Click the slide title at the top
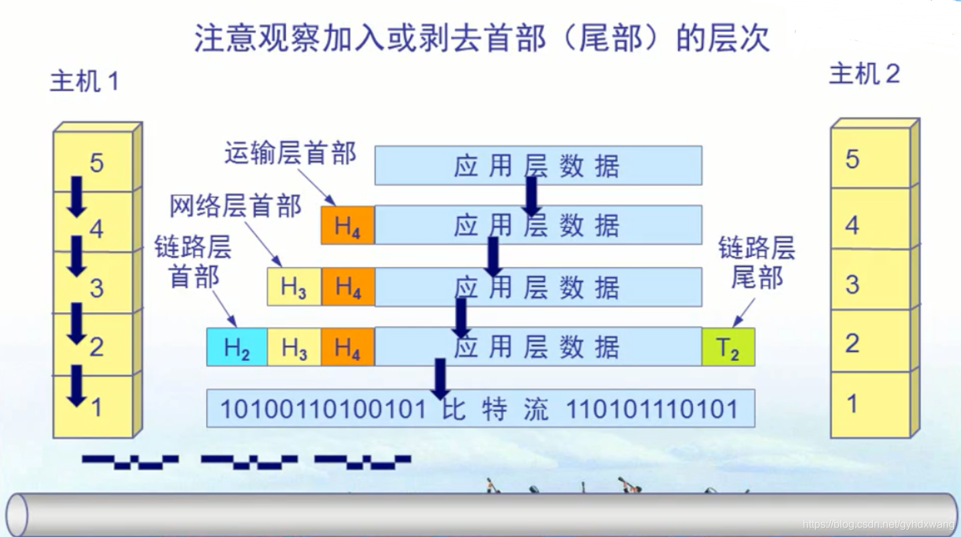tap(482, 39)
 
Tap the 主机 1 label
tap(84, 82)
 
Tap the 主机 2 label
tap(864, 74)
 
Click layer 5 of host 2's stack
tap(870, 159)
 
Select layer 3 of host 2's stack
tap(870, 285)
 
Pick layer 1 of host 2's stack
tap(870, 404)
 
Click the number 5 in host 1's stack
tap(97, 163)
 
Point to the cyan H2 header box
tap(237, 348)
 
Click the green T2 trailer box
tap(728, 348)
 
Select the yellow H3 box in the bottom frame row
tap(294, 348)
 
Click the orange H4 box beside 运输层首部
tap(348, 226)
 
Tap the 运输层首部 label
tap(290, 154)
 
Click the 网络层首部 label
tap(235, 206)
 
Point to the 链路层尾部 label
tap(757, 262)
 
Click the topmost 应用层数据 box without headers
tap(537, 165)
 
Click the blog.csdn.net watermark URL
tap(877, 524)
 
